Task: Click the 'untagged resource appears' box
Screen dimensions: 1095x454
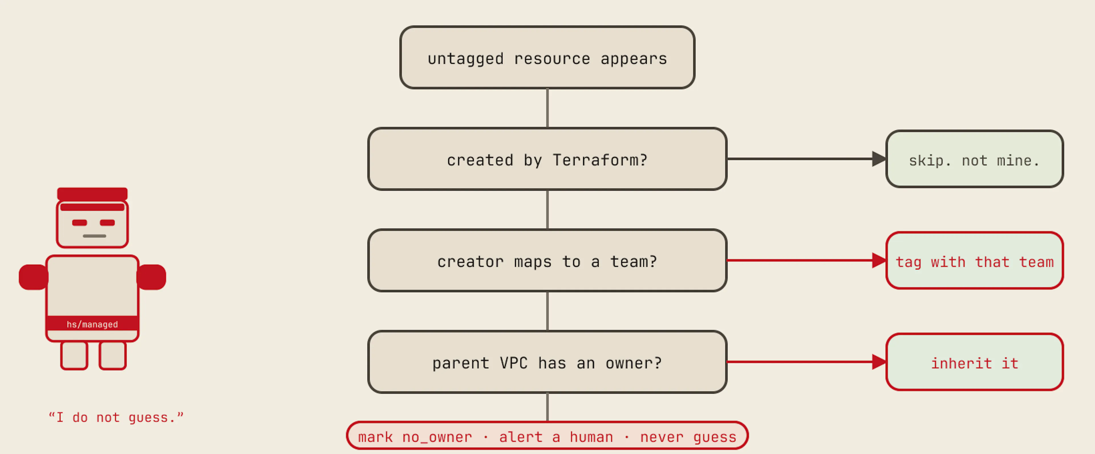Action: [x=547, y=57]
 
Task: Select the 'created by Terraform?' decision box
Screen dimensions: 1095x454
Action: [x=547, y=159]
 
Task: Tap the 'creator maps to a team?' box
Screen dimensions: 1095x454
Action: [x=547, y=261]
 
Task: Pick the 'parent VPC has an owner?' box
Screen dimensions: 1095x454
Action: [x=547, y=362]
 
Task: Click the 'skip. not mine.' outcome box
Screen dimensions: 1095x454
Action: [x=974, y=159]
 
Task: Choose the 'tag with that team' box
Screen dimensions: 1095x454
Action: [x=974, y=261]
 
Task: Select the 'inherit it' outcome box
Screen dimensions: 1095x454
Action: [x=974, y=362]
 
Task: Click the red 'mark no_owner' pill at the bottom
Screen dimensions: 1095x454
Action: [x=547, y=436]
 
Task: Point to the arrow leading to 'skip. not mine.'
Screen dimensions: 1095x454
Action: [x=806, y=159]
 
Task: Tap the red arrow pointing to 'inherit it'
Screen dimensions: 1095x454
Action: [x=806, y=362]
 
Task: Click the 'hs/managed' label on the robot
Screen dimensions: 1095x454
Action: [x=92, y=324]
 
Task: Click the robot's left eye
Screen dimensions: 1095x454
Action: [x=80, y=223]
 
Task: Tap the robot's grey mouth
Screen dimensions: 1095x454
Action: [x=94, y=236]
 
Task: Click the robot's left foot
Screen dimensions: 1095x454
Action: [x=74, y=355]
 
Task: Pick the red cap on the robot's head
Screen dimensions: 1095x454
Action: [x=92, y=194]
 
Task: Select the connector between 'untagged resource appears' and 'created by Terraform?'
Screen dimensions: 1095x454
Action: [x=547, y=108]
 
